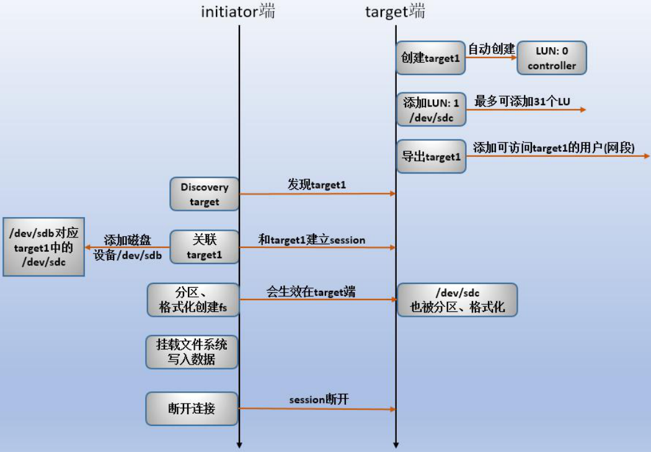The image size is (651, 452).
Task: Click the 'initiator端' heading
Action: [x=237, y=12]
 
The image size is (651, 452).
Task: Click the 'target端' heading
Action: [x=395, y=12]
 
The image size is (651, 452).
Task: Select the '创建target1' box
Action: [x=431, y=58]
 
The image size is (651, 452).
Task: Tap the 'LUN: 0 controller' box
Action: [x=552, y=58]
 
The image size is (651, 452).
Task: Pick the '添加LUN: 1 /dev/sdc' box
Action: [x=431, y=109]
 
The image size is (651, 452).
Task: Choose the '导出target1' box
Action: [x=431, y=157]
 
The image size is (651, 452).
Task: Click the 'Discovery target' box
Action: [x=205, y=194]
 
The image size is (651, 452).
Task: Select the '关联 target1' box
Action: [x=205, y=247]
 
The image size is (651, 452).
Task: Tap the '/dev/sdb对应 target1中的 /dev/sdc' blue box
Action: [x=43, y=247]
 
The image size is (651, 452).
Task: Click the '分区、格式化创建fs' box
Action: [x=193, y=300]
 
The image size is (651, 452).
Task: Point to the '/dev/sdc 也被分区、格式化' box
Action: [x=458, y=300]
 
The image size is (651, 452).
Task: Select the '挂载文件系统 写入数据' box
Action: [x=192, y=352]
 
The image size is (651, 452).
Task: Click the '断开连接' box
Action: [x=192, y=409]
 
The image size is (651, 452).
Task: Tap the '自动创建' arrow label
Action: [x=492, y=48]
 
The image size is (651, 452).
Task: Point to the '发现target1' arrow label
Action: [x=317, y=185]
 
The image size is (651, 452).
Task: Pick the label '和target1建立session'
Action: [x=312, y=239]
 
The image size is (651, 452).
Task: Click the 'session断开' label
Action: [x=319, y=400]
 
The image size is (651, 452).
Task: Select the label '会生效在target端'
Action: [x=311, y=292]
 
